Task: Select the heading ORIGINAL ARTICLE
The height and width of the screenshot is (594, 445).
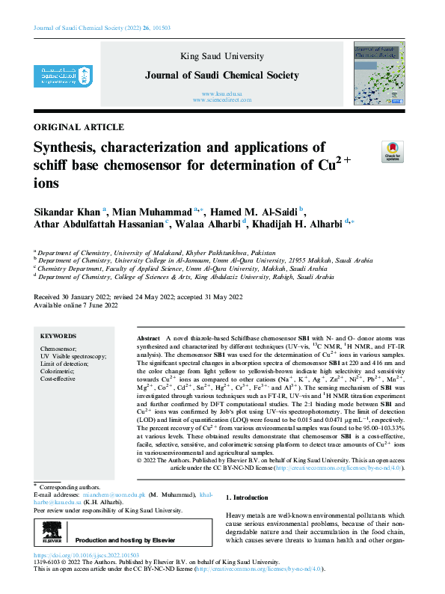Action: click(x=79, y=127)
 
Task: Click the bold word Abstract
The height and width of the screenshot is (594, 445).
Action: click(x=150, y=339)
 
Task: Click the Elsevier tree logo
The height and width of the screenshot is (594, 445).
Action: click(x=50, y=539)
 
